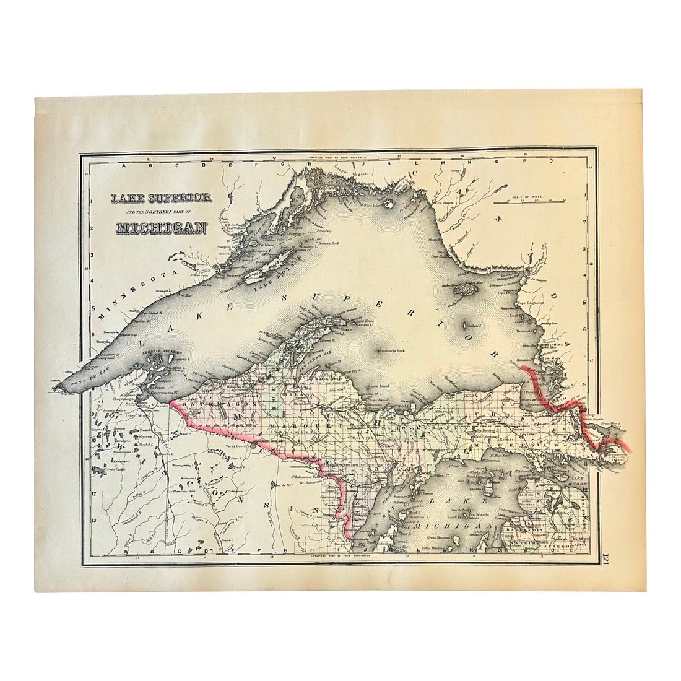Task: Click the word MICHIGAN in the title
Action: [161, 228]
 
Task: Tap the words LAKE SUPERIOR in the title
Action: [161, 198]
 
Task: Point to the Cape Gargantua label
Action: [530, 303]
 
